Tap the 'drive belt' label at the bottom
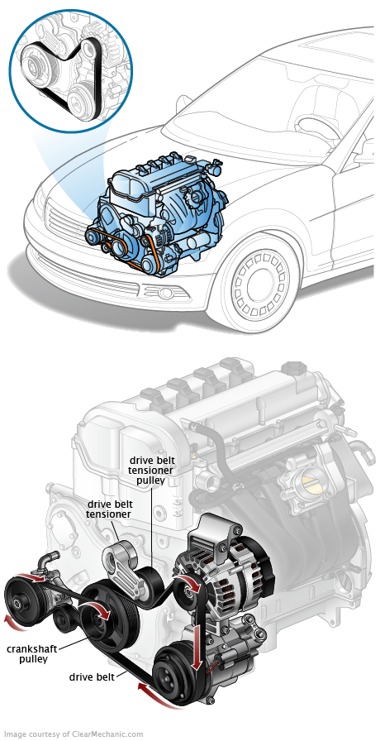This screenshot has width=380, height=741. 92,676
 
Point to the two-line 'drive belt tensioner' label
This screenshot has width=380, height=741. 109,509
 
